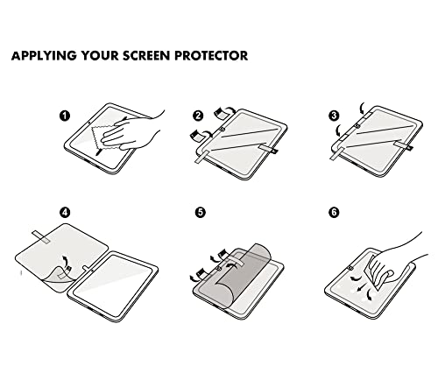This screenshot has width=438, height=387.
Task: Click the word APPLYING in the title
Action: pos(44,55)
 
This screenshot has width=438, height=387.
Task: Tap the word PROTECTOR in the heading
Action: pos(211,55)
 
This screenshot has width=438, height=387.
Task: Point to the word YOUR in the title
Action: pos(100,55)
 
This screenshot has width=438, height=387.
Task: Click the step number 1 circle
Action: pos(65,116)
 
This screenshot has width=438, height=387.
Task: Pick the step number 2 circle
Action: pos(198,116)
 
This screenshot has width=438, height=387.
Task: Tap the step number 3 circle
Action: pos(334,116)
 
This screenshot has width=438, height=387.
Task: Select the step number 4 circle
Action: pos(65,212)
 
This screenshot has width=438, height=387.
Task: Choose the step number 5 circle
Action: pos(201,212)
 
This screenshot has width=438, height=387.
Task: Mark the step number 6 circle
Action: pos(334,212)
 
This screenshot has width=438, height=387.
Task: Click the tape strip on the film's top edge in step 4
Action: pos(41,236)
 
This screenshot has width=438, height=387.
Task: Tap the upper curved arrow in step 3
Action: pos(362,108)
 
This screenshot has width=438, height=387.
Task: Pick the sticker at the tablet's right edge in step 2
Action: pos(268,148)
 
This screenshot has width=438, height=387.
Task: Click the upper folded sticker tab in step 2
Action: pos(221,112)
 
